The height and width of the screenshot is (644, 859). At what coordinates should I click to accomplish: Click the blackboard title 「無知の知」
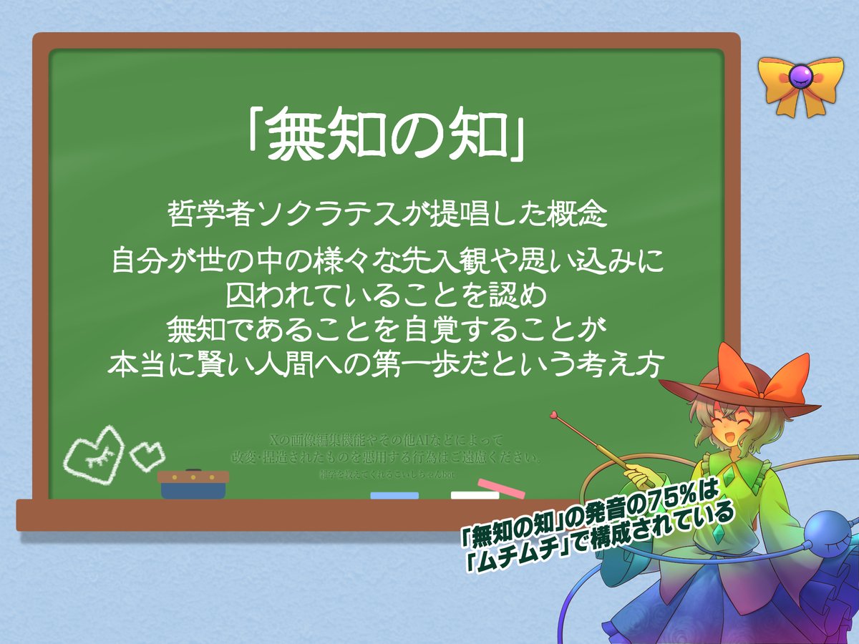387,137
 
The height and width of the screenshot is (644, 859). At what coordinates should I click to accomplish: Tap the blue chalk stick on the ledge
394,495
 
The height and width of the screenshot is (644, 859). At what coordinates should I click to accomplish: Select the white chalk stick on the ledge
475,494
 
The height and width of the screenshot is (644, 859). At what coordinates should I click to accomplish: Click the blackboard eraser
193,484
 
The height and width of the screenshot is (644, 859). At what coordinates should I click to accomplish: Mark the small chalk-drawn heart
148,452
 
